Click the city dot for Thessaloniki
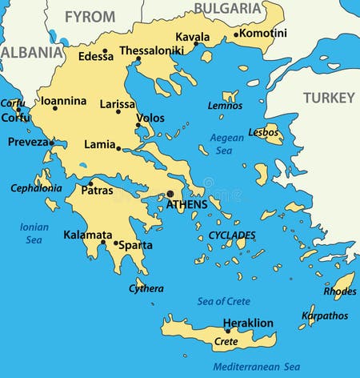tap(138, 58)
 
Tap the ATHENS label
tap(186, 205)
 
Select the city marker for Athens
tap(170, 193)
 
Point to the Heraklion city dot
tap(228, 331)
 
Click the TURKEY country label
tap(328, 98)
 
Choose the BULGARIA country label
tap(228, 9)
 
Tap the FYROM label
tap(90, 16)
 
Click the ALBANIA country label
tap(31, 52)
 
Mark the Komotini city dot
tap(236, 34)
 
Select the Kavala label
tap(192, 37)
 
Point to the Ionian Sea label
tap(34, 233)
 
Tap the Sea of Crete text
tap(223, 301)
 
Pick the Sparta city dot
tap(115, 243)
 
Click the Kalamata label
tap(88, 235)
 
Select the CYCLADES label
tap(232, 235)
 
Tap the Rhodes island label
tap(339, 292)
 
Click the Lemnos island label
tap(225, 106)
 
